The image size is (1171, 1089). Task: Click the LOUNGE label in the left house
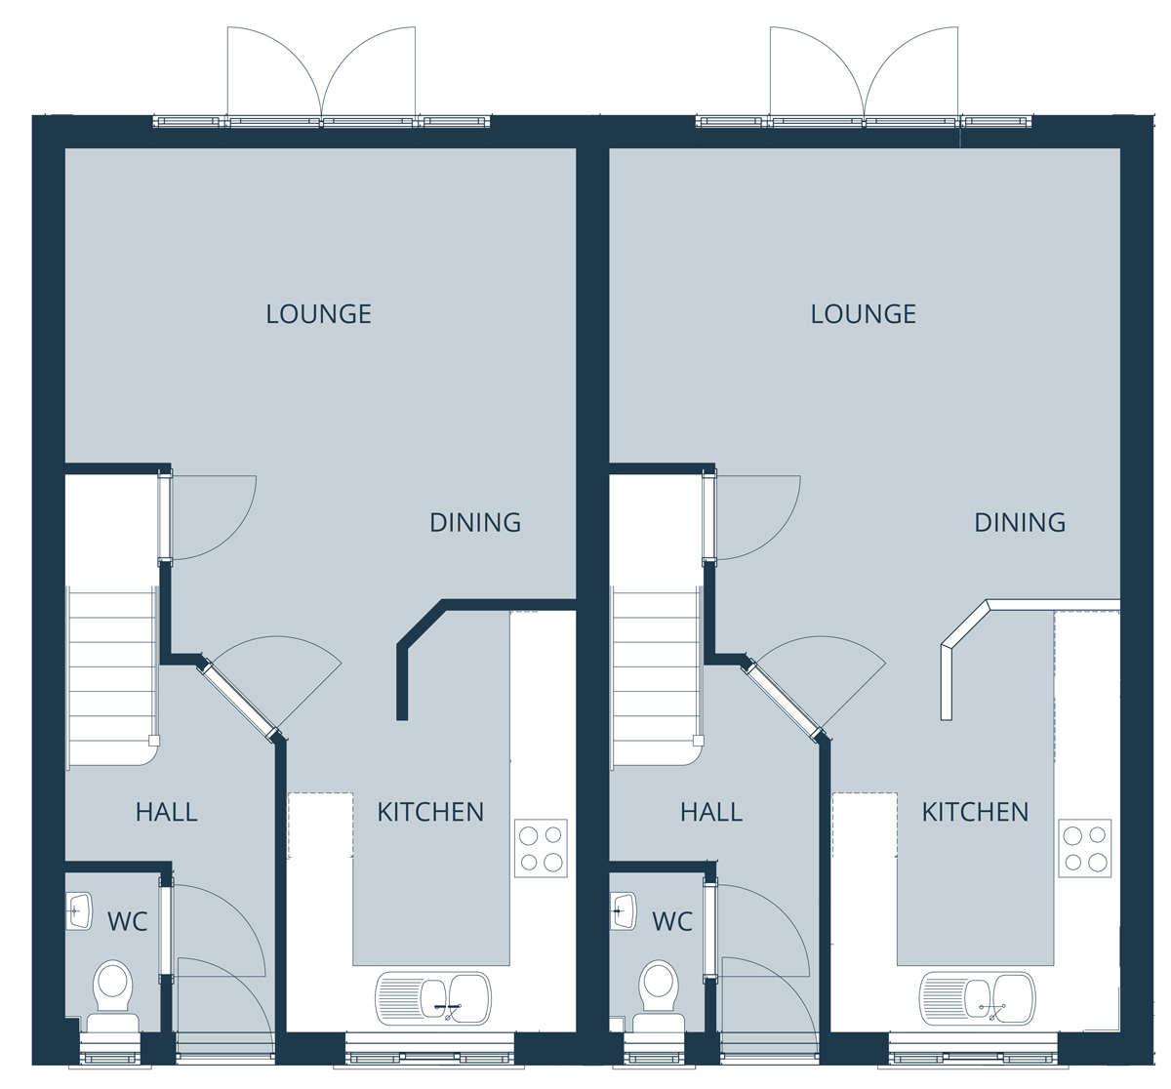[x=318, y=313]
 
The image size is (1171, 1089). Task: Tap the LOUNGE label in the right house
[x=864, y=313]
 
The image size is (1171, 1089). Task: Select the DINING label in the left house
[x=475, y=522]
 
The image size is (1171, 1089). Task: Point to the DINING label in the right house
[x=1020, y=522]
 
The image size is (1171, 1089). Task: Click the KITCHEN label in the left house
[x=430, y=812]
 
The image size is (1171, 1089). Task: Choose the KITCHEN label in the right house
[x=975, y=812]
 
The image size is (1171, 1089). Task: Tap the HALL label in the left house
[x=166, y=812]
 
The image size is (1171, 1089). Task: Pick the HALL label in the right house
[x=711, y=812]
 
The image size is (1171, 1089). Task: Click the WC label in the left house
[x=128, y=921]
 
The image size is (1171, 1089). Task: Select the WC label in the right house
[x=672, y=921]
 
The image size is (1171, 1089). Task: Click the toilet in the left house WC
[x=113, y=996]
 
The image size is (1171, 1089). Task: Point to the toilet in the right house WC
[x=658, y=996]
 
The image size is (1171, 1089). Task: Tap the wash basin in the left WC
[x=80, y=911]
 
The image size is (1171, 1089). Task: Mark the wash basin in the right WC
[x=625, y=911]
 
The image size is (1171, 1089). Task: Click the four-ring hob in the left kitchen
[x=541, y=848]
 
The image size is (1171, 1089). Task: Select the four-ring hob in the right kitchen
[x=1085, y=848]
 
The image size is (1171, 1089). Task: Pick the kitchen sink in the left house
[x=433, y=998]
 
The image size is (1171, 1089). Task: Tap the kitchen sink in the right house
[x=978, y=998]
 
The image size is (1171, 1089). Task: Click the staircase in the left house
[x=113, y=678]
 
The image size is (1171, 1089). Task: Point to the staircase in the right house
[x=658, y=678]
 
